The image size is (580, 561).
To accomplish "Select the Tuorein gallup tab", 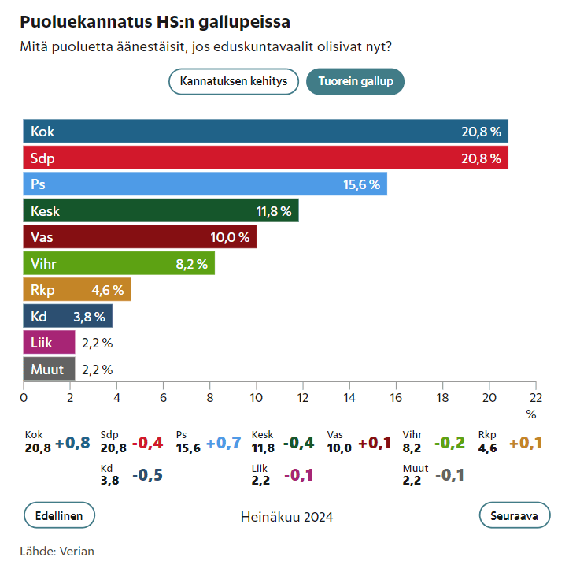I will point(355,81).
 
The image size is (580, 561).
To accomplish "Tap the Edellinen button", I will point(60,515).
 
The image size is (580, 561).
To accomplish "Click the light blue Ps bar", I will point(205,184).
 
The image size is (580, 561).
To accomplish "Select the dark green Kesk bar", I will point(161,211).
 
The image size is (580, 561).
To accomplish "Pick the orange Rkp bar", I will point(77,289).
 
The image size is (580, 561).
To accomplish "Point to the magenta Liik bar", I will point(49,343).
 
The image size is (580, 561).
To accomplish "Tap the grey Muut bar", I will point(49,369).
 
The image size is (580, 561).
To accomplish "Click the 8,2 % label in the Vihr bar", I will point(192,264).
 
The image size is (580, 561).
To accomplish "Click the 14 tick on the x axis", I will point(350,397).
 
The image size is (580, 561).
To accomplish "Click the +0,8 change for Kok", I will point(72,443).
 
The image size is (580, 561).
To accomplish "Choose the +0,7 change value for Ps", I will point(224,443).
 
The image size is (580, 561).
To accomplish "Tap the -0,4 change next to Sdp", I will point(148,443).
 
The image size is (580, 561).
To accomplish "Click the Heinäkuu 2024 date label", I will point(286,517).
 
